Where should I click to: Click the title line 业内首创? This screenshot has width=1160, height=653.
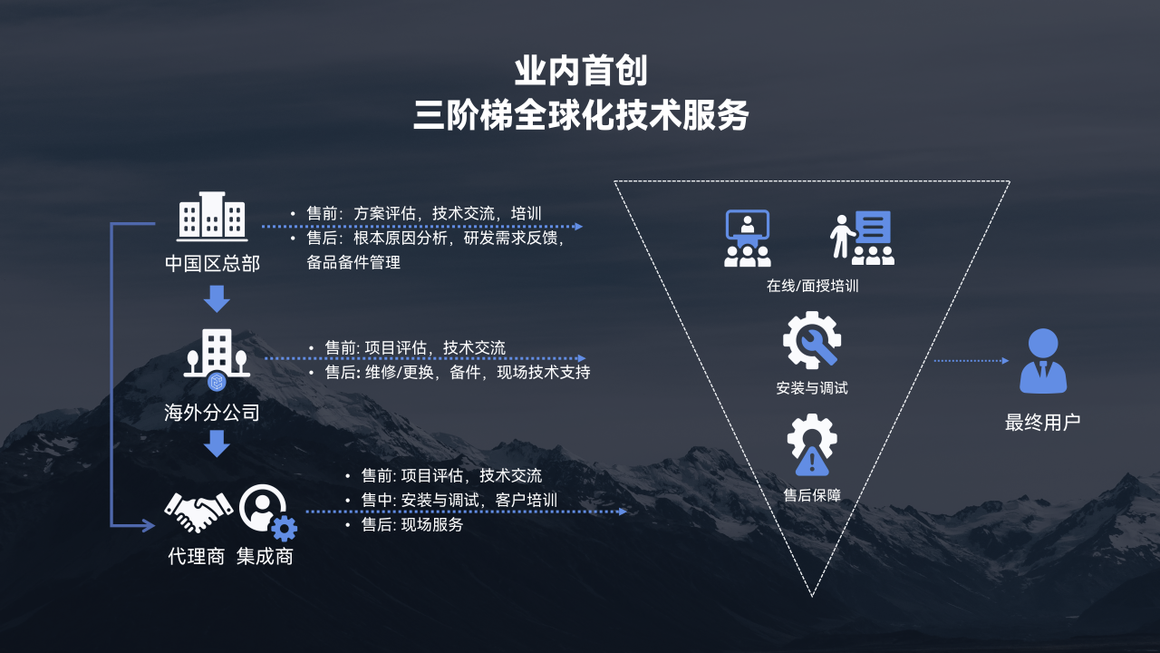581,72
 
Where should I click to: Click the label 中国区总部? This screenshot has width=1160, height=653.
212,263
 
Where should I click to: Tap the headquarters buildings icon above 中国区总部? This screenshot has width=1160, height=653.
212,217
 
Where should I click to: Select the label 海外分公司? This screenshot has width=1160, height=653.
212,413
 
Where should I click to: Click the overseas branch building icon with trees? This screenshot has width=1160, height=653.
217,358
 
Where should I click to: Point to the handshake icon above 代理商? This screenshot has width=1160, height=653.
198,512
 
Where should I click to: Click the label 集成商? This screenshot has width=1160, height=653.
266,557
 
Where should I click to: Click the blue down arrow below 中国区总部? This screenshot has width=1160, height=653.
217,298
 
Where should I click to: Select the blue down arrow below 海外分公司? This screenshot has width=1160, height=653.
217,443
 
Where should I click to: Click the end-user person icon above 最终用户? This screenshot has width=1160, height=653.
1043,361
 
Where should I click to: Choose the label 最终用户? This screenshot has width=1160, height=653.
1042,423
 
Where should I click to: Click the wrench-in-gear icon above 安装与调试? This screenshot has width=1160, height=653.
812,340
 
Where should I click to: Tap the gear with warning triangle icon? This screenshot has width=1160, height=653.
812,444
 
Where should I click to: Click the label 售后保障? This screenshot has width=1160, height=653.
812,495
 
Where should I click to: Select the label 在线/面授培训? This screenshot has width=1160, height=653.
812,286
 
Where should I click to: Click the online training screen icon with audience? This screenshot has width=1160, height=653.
748,239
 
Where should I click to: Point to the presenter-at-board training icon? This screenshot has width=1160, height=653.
862,238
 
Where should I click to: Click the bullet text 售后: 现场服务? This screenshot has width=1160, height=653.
412,524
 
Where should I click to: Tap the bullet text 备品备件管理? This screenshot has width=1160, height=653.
353,262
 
